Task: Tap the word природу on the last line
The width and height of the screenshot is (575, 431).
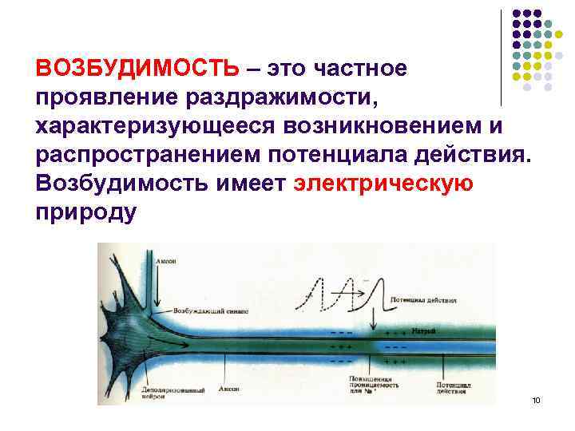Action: pyautogui.click(x=86, y=213)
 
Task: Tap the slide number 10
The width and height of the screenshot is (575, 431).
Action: pyautogui.click(x=535, y=399)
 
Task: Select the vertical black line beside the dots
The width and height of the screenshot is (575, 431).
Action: pyautogui.click(x=501, y=57)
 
